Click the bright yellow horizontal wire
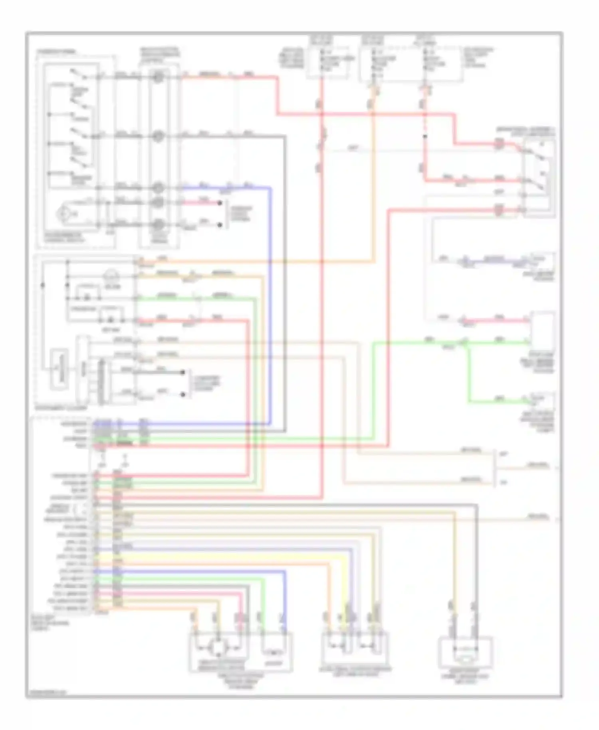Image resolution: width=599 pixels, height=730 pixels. tap(224, 555)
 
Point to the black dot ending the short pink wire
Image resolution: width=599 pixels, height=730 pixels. tap(220, 203)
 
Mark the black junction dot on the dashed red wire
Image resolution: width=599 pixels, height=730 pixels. tap(425, 137)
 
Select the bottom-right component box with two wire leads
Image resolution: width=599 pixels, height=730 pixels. tap(465, 652)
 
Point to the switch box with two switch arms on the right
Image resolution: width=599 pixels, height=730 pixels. tap(539, 178)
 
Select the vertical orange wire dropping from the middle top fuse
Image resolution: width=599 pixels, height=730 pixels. tap(374, 180)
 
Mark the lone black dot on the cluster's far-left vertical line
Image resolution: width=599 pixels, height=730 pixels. tap(43, 286)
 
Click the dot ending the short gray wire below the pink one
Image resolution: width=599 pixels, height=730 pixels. tap(220, 225)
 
